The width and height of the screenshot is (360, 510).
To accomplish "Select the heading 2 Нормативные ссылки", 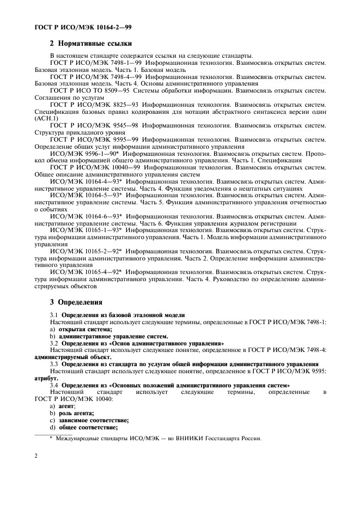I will click(x=88, y=44).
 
